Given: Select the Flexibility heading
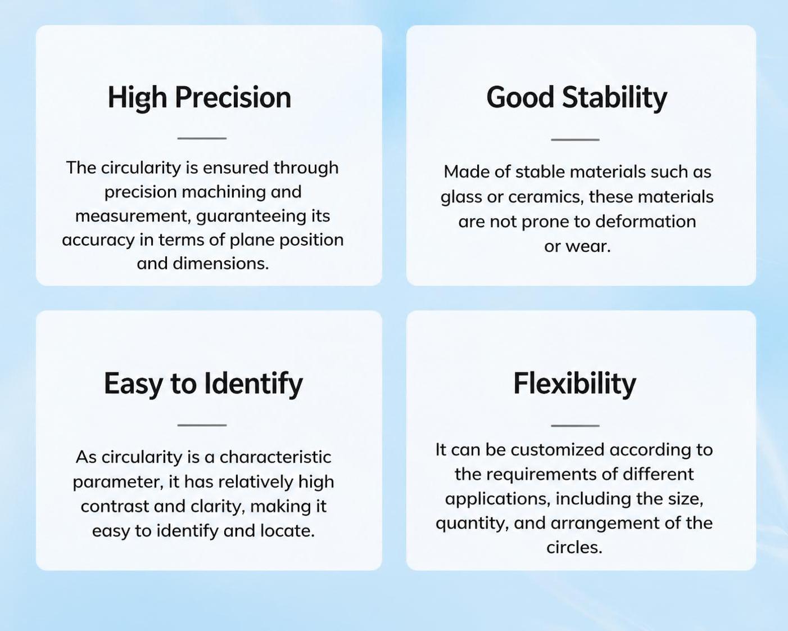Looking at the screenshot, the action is (574, 384).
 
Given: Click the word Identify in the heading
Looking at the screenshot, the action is (253, 384).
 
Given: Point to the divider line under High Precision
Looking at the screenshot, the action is (202, 138).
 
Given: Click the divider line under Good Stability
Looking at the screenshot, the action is (575, 139).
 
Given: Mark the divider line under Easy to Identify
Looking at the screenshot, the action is (202, 425).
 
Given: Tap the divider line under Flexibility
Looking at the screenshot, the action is (575, 426).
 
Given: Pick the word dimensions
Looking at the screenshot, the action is (221, 263).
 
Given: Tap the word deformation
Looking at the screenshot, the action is (646, 222).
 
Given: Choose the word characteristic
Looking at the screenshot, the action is (275, 457).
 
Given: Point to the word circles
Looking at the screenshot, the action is (574, 548).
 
